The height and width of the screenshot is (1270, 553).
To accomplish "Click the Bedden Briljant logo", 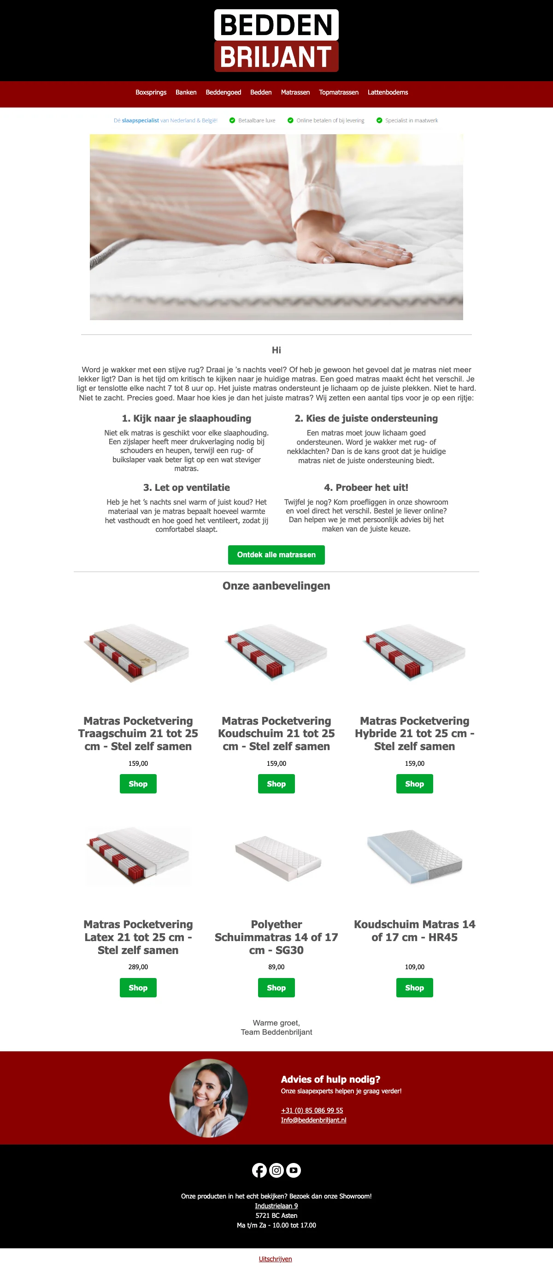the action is (x=276, y=41).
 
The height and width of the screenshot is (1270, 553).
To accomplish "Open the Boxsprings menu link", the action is (x=151, y=92).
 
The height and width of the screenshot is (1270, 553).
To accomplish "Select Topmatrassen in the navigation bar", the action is (x=338, y=92).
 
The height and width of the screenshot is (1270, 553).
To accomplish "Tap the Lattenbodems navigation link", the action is (x=388, y=92).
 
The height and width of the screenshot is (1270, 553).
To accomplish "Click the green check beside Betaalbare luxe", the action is (x=232, y=120).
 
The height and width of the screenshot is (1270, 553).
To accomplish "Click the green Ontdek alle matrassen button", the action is (x=276, y=555).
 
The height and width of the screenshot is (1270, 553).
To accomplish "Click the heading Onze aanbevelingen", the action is (x=276, y=586).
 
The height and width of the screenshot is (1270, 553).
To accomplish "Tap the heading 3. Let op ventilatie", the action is (x=187, y=488).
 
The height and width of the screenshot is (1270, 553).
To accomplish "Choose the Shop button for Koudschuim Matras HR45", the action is (x=415, y=988).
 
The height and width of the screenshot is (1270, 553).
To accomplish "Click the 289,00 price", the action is (x=138, y=967).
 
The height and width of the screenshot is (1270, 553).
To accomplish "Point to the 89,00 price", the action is (x=276, y=967).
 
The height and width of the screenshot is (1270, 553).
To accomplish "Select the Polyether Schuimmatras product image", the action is (x=278, y=858).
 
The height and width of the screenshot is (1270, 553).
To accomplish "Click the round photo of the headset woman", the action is (x=209, y=1098).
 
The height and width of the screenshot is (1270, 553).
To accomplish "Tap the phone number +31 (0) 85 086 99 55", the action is (x=312, y=1110).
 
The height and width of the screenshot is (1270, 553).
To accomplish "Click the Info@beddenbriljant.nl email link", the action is (x=314, y=1120).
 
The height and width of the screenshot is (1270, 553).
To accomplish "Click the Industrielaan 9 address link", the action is (x=276, y=1205).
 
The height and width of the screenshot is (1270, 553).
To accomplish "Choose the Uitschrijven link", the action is (x=275, y=1258).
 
